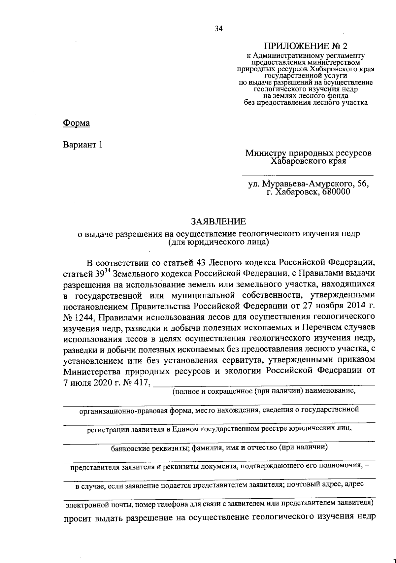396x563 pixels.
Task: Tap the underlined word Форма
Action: click(x=76, y=123)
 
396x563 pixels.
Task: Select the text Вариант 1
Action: click(x=82, y=145)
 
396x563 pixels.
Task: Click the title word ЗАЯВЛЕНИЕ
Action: click(x=218, y=221)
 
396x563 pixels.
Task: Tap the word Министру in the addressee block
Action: click(x=266, y=153)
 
